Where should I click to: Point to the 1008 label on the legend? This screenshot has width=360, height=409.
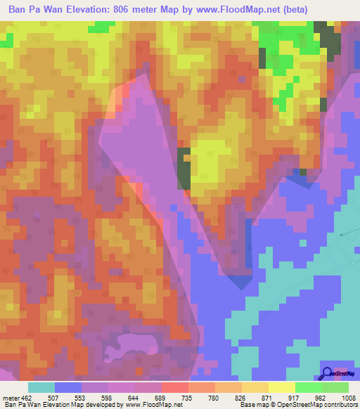[340, 398]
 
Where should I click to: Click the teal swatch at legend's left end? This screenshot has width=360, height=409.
[41, 387]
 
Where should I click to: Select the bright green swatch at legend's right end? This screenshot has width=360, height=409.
[335, 387]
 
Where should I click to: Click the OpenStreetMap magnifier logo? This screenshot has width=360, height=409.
[328, 373]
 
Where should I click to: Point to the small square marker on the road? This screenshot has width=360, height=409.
[341, 234]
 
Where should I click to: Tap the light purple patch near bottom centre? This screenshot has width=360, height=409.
[134, 344]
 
